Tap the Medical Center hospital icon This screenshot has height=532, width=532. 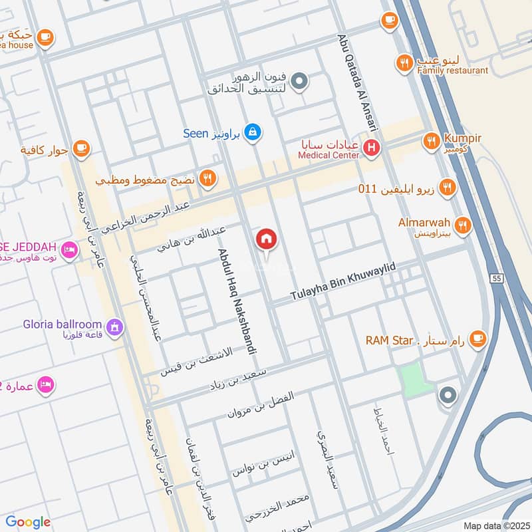(372, 149)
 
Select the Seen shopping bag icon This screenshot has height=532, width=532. (252, 132)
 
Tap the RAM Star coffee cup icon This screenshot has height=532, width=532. (477, 340)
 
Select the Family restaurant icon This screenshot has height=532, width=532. (404, 63)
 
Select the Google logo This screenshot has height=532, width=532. (28, 522)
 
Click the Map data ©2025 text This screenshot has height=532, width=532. (496, 525)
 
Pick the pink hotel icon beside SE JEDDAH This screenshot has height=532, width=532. (68, 251)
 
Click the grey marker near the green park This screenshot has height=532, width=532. (448, 396)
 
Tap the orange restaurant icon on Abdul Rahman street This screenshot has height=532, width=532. (208, 179)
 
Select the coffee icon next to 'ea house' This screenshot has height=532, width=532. (45, 37)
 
